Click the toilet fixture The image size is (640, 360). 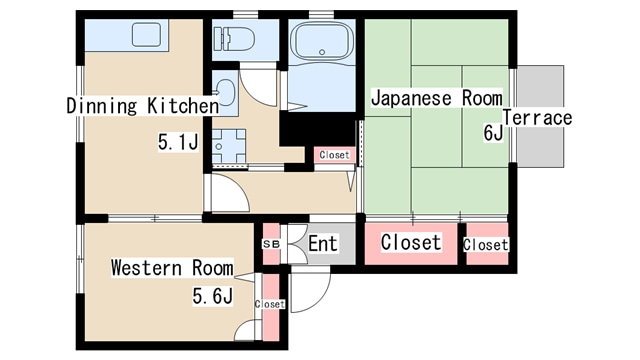pos(234,38)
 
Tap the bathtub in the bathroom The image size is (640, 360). pos(322,41)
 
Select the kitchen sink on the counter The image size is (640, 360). pos(146,34)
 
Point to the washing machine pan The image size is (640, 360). pos(229,146)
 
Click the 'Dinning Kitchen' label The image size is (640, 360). pos(142,106)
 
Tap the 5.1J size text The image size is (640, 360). pos(178,142)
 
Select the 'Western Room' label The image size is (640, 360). pos(172,268)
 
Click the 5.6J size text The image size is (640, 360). pos(213,296)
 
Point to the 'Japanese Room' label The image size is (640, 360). pos(436,98)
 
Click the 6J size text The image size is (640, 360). pos(493,133)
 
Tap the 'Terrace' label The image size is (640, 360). pos(537,118)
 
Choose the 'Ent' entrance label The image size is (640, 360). pos(322,244)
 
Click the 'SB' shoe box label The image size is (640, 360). pos(271,244)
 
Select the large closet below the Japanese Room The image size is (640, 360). pos(411,243)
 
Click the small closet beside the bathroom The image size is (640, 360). pos(334,155)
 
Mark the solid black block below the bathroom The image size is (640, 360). pos(317,129)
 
